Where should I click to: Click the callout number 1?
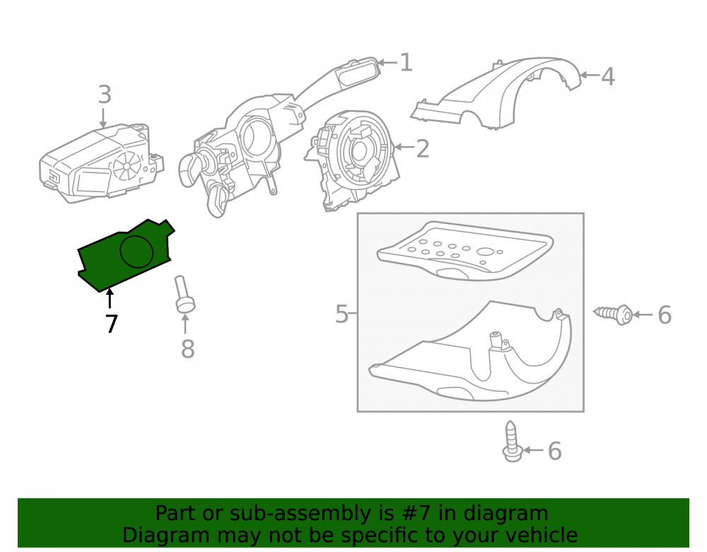tap(407, 62)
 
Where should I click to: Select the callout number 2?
tap(423, 148)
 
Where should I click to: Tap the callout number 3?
tap(105, 95)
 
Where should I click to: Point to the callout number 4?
tap(608, 76)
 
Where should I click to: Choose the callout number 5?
tap(341, 314)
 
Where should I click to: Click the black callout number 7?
tap(112, 324)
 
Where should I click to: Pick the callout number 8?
tap(188, 348)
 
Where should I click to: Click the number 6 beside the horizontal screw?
tap(665, 315)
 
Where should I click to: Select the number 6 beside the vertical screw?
tap(554, 451)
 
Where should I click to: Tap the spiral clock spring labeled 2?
tap(354, 160)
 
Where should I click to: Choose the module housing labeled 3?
tap(101, 163)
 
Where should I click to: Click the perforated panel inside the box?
tap(465, 250)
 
